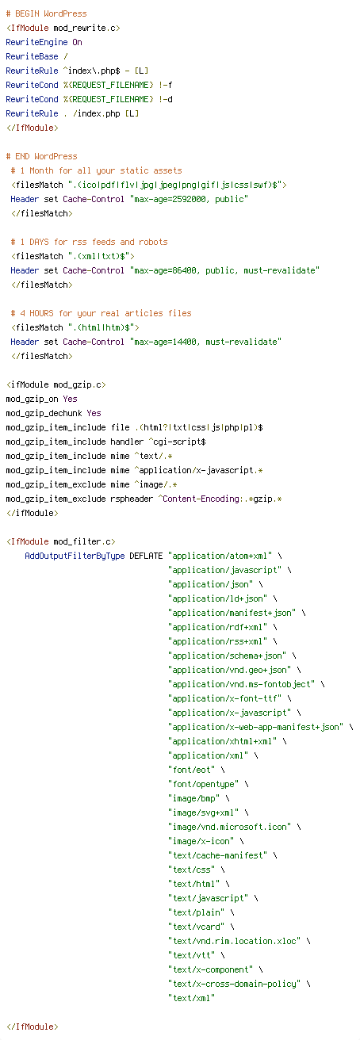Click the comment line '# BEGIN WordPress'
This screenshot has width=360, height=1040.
pos(47,13)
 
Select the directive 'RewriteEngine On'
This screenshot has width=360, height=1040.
pos(44,42)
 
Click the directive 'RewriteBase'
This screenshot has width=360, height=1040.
pos(32,56)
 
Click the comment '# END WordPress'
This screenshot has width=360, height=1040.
pos(42,156)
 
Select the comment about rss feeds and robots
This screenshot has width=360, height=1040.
pos(89,242)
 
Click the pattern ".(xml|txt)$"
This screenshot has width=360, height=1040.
pos(101,256)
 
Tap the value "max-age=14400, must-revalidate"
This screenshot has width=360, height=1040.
pos(206,342)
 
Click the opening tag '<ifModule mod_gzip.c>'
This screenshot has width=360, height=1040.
pos(56,384)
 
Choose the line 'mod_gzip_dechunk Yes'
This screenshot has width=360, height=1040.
pos(53,413)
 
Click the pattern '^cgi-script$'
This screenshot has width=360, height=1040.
pos(177,442)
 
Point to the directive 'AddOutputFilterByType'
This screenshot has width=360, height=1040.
pos(75,556)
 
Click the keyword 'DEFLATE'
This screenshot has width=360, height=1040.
pos(147,556)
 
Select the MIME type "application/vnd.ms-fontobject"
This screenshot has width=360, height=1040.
pos(242,684)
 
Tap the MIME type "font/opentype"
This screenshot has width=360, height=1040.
pos(204,784)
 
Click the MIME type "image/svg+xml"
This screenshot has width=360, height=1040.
pos(204,812)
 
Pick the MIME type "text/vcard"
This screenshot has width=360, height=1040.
pos(197,927)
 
